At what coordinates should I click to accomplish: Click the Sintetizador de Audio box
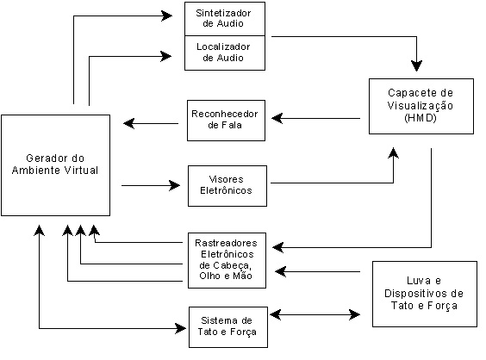click(x=225, y=19)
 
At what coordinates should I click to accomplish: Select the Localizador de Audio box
click(x=225, y=53)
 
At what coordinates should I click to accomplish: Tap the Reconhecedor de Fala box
click(x=226, y=121)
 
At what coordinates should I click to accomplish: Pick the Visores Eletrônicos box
click(x=227, y=186)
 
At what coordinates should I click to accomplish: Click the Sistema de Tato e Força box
click(x=228, y=327)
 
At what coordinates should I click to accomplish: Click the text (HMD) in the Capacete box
click(x=421, y=118)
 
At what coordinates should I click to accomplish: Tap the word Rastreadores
click(x=226, y=243)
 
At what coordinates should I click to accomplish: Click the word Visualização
click(x=421, y=105)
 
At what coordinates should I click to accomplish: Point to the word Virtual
click(x=81, y=170)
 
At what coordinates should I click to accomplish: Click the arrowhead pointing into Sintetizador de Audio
click(x=167, y=16)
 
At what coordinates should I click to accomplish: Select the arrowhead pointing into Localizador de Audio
click(x=166, y=56)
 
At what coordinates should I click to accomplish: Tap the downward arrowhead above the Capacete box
click(x=416, y=65)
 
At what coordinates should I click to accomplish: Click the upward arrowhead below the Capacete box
click(x=393, y=153)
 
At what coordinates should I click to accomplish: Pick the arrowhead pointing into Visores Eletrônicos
click(x=175, y=185)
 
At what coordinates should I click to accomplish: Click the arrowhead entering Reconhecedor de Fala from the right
click(x=277, y=118)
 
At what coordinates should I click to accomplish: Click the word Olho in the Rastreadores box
click(x=209, y=276)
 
